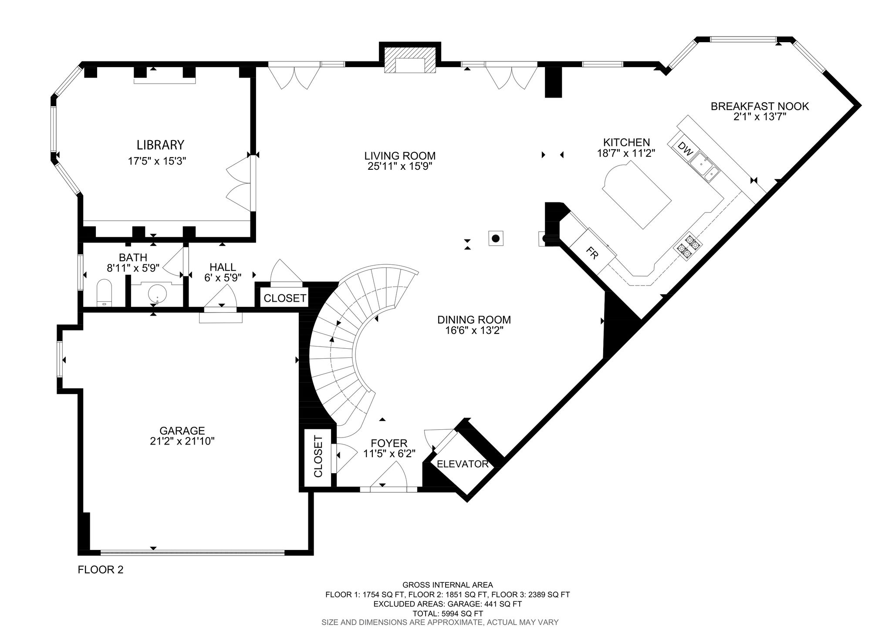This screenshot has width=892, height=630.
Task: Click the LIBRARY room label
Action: click(160, 145)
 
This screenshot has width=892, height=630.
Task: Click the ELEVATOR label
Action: click(463, 464)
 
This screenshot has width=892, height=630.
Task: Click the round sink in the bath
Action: click(157, 293)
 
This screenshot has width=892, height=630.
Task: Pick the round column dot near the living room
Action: click(496, 238)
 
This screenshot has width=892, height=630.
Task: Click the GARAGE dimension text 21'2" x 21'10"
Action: click(182, 441)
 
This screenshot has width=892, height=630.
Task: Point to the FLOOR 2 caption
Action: click(101, 569)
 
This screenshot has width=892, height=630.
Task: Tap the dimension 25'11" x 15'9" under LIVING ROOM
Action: click(400, 166)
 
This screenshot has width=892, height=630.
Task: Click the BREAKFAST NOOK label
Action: click(760, 106)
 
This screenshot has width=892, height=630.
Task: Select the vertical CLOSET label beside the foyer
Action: click(318, 457)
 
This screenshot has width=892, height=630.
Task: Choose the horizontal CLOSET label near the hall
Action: click(285, 298)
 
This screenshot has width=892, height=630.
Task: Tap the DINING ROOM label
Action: click(474, 320)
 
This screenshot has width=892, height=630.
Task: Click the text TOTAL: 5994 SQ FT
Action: click(448, 613)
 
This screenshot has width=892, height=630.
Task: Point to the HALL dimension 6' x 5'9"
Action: click(223, 277)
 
